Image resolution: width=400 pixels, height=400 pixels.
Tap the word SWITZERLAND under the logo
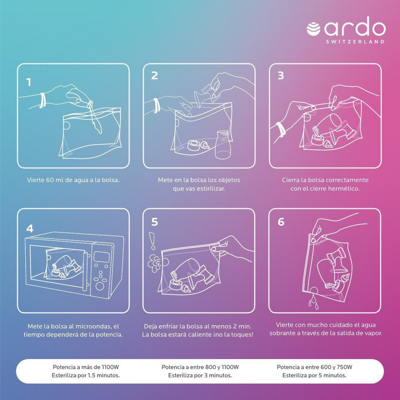tap(355, 42)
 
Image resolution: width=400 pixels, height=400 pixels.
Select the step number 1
tap(29, 82)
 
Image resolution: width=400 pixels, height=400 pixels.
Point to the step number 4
tap(30, 229)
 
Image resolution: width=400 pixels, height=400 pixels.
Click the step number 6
tap(281, 222)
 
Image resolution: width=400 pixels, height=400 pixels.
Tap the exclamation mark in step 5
tap(152, 241)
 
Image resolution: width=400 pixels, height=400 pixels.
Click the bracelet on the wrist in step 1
tap(43, 100)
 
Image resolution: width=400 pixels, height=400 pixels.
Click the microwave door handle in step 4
tap(85, 272)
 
